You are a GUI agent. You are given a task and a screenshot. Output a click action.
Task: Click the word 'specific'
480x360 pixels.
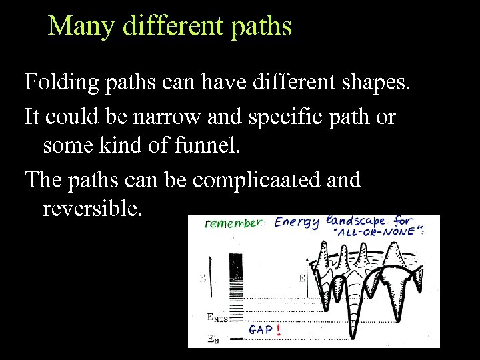(297, 117)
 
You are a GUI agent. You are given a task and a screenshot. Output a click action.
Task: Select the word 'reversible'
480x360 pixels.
(91, 209)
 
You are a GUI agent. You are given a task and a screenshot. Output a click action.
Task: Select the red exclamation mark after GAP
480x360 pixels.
(277, 329)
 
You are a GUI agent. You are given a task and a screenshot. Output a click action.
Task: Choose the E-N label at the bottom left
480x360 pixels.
(212, 339)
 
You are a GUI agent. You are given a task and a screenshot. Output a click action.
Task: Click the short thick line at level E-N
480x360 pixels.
(234, 339)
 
